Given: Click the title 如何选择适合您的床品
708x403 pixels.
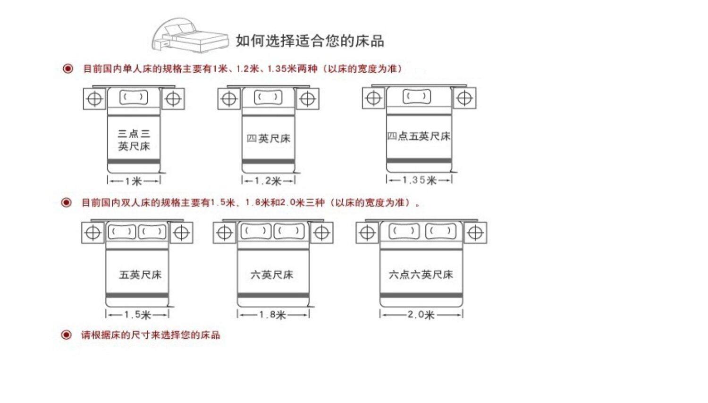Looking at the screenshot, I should pos(310,41).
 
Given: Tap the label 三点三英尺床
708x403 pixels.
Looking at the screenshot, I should pos(134,140).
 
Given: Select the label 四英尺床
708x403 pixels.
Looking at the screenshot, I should pos(268,139).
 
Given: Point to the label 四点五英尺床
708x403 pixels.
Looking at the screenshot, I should pos(419,136).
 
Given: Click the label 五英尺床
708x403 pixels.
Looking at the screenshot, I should pos(140,275).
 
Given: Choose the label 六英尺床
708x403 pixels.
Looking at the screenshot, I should pos(272,275).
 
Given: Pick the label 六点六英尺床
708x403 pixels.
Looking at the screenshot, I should pos(421,275).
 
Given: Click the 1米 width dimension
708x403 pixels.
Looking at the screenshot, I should pos(134,181).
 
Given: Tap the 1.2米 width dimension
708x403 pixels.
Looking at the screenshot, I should pos(268,181).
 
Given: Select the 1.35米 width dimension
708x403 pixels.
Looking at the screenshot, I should pos(419,180).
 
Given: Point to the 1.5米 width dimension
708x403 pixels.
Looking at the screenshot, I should pos(137,315).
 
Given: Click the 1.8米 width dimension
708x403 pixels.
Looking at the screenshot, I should pos(272,315).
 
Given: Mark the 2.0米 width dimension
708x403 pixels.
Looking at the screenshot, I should pos(421,315).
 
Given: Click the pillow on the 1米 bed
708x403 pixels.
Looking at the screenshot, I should pos(134,97).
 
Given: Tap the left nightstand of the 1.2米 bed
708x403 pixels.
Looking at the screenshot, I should pos(229,99).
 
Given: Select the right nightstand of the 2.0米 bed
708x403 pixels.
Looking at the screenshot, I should pos(475,233).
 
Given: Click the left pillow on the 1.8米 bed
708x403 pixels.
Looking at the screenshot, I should pos(256,231).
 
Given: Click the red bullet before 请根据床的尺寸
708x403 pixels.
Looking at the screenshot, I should pos(67,335).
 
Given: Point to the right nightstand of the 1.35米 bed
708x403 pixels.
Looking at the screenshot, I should pos(464,98).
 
